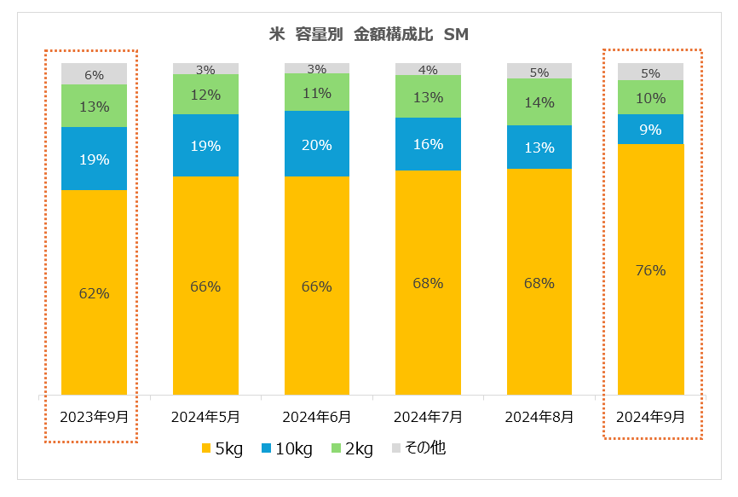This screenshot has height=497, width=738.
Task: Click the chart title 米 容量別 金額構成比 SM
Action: point(368,35)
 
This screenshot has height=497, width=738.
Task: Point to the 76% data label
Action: point(650,271)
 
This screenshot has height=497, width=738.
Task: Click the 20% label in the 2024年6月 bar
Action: point(316,145)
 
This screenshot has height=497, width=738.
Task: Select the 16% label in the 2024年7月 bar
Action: point(428,145)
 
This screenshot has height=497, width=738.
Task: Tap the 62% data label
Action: point(94,293)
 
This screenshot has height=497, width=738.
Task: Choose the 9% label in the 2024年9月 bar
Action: point(651,130)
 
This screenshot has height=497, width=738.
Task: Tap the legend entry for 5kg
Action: point(222,448)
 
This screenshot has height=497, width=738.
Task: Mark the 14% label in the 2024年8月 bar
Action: point(539,102)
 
